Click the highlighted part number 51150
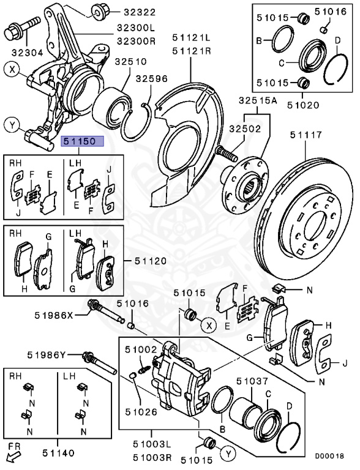[83, 141]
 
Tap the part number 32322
[140, 12]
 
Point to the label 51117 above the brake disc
[306, 135]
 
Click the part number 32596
[151, 78]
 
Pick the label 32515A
[258, 101]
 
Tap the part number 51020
[303, 105]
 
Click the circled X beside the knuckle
[12, 70]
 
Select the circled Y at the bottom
[228, 454]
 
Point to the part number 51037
[252, 381]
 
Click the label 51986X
[54, 315]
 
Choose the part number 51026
[141, 412]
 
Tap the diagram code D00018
[329, 456]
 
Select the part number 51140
[58, 453]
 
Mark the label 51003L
[152, 444]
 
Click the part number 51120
[150, 261]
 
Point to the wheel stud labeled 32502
[227, 153]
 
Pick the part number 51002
[141, 349]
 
